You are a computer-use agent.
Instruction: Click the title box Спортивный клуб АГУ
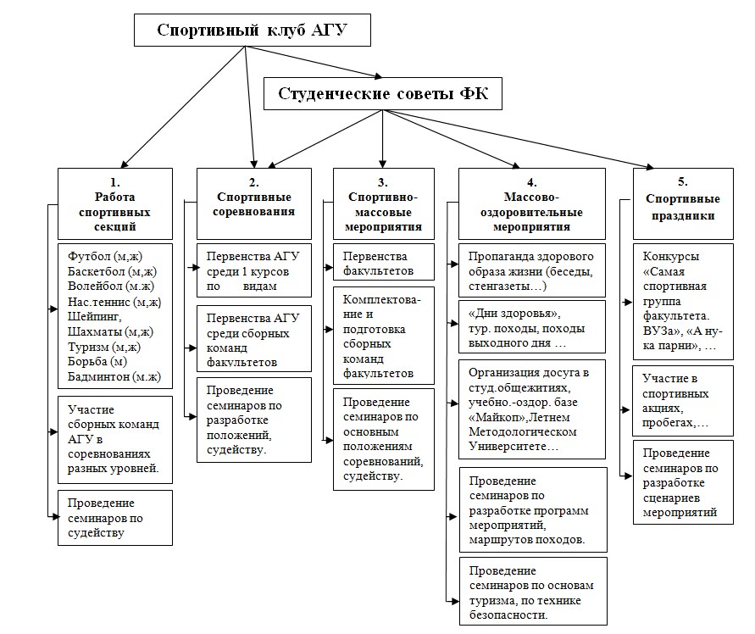coord(253,31)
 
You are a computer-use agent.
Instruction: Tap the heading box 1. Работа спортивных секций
coord(115,203)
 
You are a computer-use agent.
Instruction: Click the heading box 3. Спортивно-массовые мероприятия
coord(384,203)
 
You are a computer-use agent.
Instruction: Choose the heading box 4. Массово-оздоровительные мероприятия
coord(531,203)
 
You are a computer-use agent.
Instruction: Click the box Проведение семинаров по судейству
coord(115,517)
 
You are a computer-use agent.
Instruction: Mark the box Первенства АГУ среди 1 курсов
coord(253,271)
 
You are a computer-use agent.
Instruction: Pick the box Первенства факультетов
coord(384,263)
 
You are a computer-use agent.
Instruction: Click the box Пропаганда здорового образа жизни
coord(532,270)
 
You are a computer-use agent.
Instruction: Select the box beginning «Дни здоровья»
coord(532,325)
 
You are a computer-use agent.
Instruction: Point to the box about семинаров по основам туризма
coord(532,592)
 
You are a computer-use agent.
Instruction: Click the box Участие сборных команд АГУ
coord(115,439)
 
